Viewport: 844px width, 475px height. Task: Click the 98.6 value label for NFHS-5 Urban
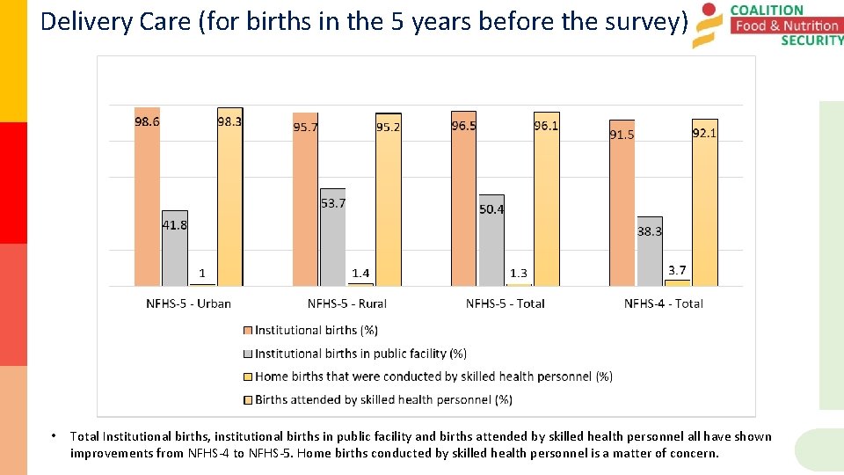(x=147, y=122)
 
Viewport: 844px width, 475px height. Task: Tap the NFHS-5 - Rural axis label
(x=346, y=303)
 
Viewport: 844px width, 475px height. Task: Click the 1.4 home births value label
(x=360, y=274)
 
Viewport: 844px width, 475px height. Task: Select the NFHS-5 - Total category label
(x=505, y=303)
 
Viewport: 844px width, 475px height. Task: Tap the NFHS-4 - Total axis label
(x=663, y=303)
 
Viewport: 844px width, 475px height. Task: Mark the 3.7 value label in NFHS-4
(x=677, y=270)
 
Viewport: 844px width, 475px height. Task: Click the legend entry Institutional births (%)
(x=316, y=331)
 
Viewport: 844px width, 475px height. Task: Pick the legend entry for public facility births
(x=360, y=354)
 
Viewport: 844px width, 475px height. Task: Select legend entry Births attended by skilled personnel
(x=383, y=399)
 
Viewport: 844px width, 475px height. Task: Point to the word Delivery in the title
(x=79, y=21)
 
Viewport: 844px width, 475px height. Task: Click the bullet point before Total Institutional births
(x=55, y=436)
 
